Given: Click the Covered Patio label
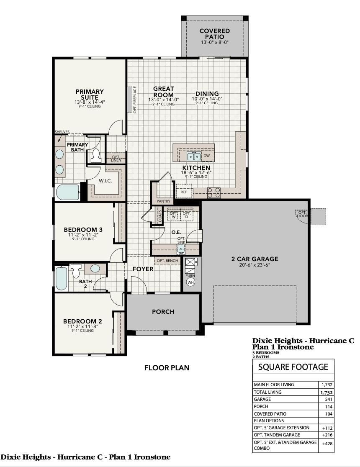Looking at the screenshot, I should pos(214,34).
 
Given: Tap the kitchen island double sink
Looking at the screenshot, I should pos(194,157).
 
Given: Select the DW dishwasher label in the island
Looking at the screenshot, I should pos(206,156).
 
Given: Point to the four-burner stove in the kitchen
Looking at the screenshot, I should pos(213,192).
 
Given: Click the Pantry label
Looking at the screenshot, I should pos(164,201).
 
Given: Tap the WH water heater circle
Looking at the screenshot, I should pos(190,282).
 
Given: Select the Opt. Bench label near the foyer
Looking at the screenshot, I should pos(167,261).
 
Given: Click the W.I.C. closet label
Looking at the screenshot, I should pos(105,181).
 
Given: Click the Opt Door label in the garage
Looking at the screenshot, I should pos(301,214).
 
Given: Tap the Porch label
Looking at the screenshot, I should pos(163,311).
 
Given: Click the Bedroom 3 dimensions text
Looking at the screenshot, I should pos(83,235).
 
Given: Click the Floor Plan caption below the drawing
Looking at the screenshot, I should pos(167,368).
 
